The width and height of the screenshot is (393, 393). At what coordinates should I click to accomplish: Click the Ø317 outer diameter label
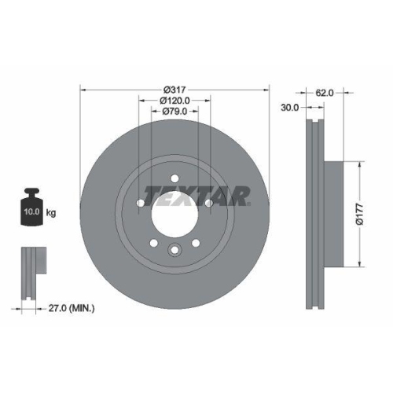coord(174,90)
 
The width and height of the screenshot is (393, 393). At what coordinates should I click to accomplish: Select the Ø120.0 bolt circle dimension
coord(174,101)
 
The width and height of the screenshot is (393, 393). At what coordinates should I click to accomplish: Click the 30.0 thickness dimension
coord(289,108)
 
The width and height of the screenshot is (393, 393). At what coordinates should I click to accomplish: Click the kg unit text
coord(50,213)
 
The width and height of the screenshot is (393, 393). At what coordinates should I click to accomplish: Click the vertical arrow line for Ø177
coord(362,214)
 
